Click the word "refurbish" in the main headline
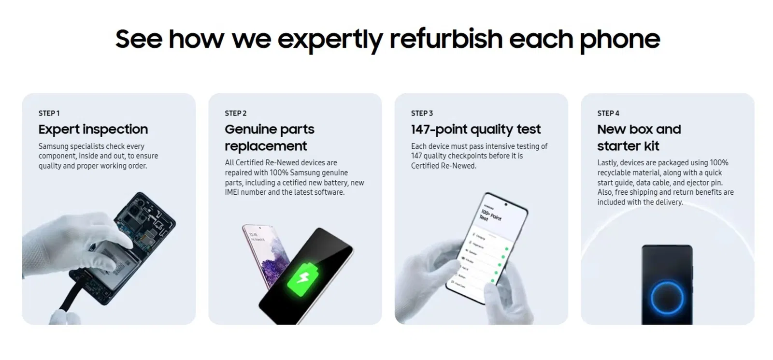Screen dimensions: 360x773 click(x=446, y=39)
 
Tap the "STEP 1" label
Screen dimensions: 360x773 click(x=49, y=113)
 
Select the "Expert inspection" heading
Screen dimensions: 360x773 click(x=93, y=129)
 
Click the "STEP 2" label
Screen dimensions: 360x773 click(x=235, y=113)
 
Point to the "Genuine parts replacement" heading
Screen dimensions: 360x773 click(x=269, y=137)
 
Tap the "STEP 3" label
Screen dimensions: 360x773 click(x=422, y=113)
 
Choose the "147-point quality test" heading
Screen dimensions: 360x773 click(x=476, y=129)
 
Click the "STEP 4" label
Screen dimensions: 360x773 click(x=608, y=113)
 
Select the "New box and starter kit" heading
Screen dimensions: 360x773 click(x=639, y=137)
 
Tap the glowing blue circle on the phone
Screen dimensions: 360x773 click(x=667, y=297)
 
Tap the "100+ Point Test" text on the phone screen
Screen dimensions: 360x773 click(x=490, y=215)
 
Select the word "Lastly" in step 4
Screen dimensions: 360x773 click(x=607, y=163)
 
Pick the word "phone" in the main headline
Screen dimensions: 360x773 click(x=619, y=39)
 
